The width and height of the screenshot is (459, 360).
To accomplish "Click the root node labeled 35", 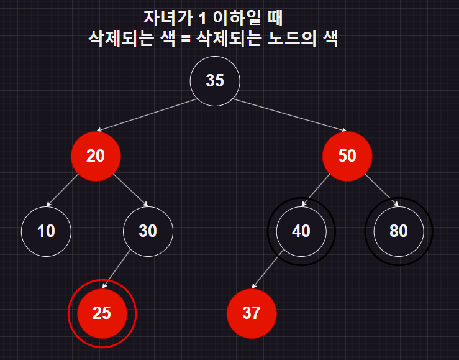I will (x=214, y=81).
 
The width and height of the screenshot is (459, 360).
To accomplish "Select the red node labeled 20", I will (x=96, y=156).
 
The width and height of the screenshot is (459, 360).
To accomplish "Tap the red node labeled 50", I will (x=347, y=156).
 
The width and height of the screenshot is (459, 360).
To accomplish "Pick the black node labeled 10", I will (x=46, y=231).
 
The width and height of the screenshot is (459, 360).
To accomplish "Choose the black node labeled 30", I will (x=148, y=231).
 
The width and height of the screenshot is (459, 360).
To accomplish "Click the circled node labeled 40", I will (x=301, y=231).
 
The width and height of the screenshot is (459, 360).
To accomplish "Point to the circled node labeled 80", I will (x=399, y=231).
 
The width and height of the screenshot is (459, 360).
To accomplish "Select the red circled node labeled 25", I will (x=102, y=313).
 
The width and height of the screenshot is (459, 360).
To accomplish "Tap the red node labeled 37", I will (x=252, y=313).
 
